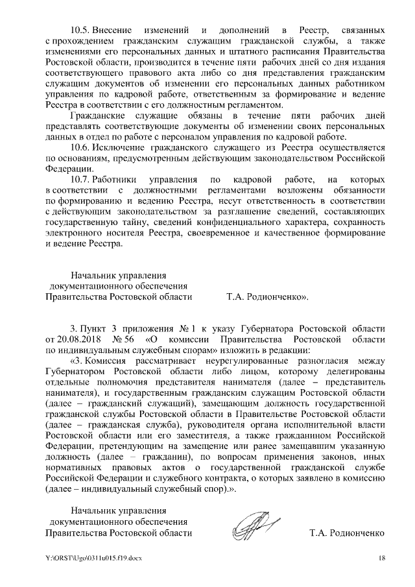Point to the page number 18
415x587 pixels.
[x=382, y=559]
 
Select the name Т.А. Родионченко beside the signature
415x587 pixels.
[x=348, y=533]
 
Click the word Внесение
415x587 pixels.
[x=112, y=30]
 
